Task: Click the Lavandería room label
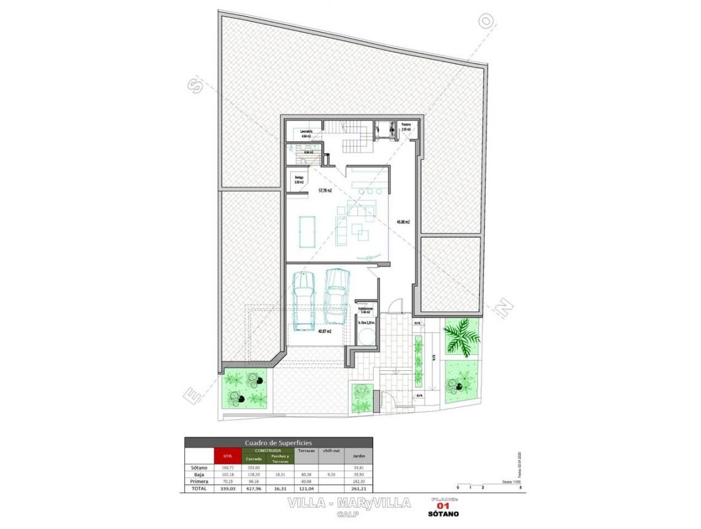tap(307, 132)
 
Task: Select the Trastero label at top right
tap(406, 125)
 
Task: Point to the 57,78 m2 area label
tap(325, 191)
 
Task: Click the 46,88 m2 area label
tap(403, 222)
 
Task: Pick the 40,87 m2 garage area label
tap(325, 331)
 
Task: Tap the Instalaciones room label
tap(366, 309)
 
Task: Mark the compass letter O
tap(486, 22)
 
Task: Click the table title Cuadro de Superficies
tap(279, 442)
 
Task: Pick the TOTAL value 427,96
tap(253, 488)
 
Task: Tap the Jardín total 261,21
tap(358, 488)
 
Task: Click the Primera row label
tap(199, 481)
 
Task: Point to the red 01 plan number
tap(443, 506)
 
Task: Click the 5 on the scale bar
tap(521, 487)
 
